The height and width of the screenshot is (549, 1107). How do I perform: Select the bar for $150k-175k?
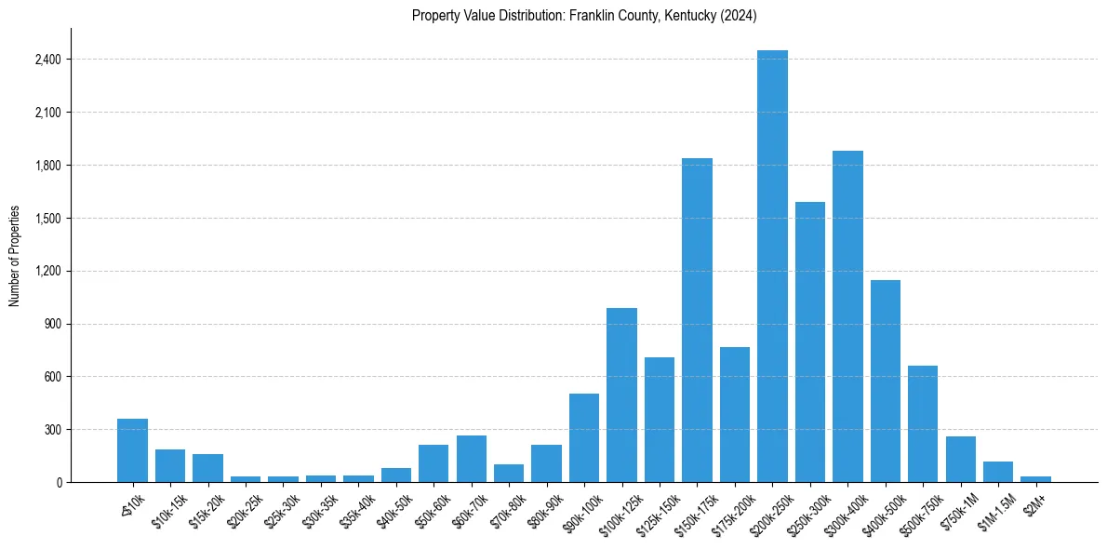click(x=697, y=320)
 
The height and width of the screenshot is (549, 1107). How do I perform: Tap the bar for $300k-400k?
click(x=847, y=316)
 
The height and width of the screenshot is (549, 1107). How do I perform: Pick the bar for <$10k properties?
click(x=132, y=450)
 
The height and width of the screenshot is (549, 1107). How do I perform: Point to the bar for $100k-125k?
click(x=621, y=395)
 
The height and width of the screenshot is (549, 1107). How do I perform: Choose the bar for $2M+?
click(x=1035, y=478)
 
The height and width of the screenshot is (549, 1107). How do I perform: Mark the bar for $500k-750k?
click(x=923, y=423)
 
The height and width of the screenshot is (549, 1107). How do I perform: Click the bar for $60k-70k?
click(x=472, y=459)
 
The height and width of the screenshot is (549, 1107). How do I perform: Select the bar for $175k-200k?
click(x=734, y=414)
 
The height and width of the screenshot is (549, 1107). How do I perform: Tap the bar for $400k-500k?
click(x=885, y=381)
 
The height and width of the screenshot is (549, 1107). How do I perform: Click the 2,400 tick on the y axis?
click(x=47, y=60)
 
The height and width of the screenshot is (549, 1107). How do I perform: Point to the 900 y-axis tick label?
click(x=52, y=324)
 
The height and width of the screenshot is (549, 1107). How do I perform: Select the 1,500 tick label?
click(x=47, y=219)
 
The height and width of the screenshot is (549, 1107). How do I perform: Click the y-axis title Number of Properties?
click(x=15, y=255)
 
